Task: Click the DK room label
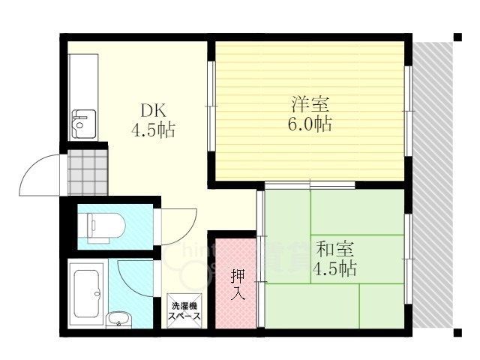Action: point(153,111)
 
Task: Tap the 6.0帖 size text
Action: point(310,124)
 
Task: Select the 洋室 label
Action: point(310,104)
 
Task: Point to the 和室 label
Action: point(335,249)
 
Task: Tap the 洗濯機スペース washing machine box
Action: point(184,310)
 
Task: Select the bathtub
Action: point(88,293)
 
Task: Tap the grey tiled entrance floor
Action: point(88,172)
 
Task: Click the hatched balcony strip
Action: point(433,185)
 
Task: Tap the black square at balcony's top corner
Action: point(457,37)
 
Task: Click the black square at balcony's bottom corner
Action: point(457,332)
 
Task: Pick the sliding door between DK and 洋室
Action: point(211,106)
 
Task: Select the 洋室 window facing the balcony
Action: point(408,111)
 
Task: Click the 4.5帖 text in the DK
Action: point(153,130)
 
